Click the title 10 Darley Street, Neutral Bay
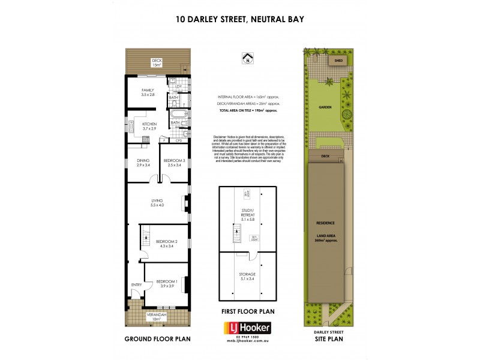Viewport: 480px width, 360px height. [240, 19]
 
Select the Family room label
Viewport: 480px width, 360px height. [148, 92]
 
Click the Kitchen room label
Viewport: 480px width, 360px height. [149, 126]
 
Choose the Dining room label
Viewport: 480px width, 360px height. [143, 163]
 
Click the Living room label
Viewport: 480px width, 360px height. [157, 203]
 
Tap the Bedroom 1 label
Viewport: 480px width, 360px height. [166, 283]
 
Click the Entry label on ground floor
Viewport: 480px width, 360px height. [136, 285]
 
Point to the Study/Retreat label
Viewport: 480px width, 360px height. [247, 218]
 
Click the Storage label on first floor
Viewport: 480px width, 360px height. [247, 277]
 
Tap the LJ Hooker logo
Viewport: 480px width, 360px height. [247, 328]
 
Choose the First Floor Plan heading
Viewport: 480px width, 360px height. [247, 311]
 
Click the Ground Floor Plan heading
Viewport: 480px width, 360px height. [157, 339]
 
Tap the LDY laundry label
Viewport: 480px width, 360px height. [178, 87]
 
